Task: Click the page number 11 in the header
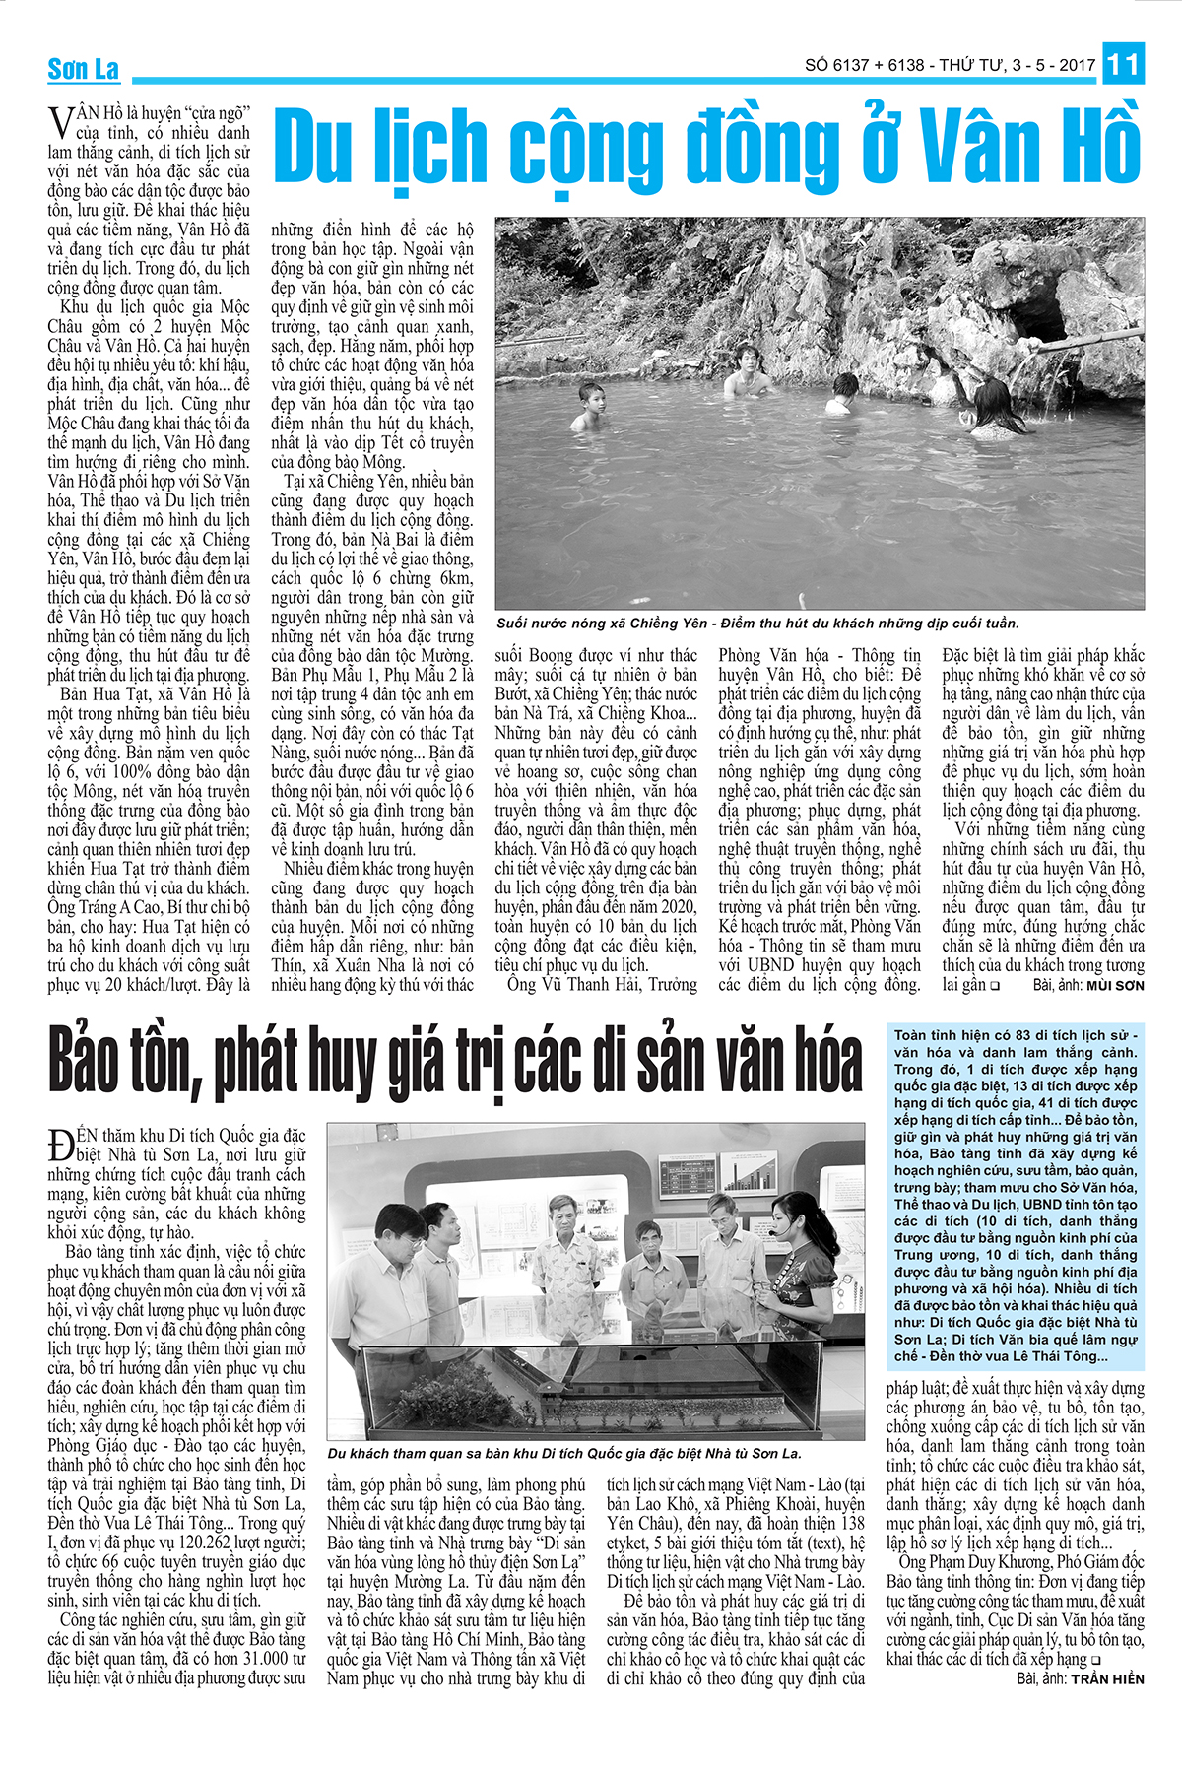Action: coord(1123,65)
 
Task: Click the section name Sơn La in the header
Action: coord(84,69)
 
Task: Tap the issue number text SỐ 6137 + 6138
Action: coord(864,65)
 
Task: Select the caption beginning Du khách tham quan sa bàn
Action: coord(564,1454)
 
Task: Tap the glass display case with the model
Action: coord(591,1389)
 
